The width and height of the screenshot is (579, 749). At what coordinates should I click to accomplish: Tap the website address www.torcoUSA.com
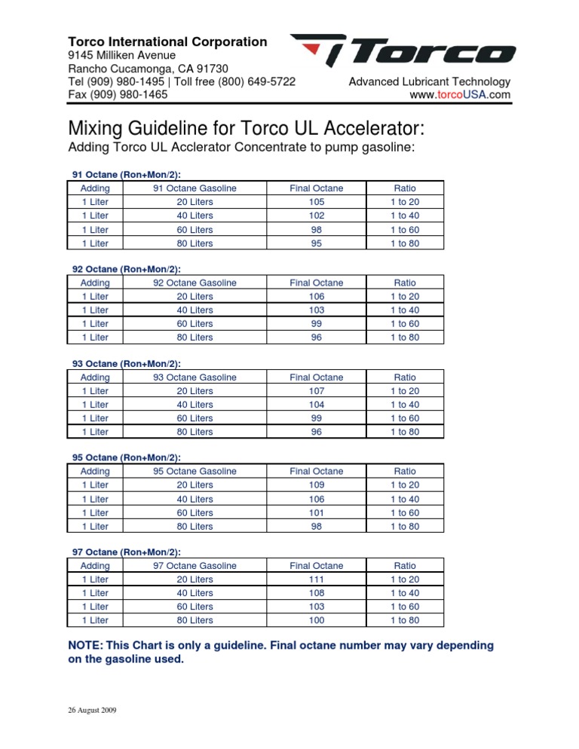click(459, 95)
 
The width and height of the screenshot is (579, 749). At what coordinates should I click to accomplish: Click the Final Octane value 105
click(316, 202)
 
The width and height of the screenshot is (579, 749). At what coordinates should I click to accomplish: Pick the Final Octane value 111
click(316, 579)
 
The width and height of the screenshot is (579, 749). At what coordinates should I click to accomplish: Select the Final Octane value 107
click(316, 391)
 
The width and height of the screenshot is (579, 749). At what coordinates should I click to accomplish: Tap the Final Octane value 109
click(316, 485)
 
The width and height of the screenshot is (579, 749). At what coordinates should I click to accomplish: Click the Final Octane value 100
click(316, 620)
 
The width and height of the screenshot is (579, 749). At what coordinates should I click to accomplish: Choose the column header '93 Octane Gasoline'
click(195, 377)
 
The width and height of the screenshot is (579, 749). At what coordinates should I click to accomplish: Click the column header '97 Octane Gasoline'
click(195, 565)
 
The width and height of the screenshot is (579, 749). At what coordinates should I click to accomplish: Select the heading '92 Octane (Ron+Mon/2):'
click(126, 269)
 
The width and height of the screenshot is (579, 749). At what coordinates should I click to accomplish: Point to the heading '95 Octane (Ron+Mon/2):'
click(126, 457)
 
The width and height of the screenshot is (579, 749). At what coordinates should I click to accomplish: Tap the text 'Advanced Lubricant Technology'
click(429, 81)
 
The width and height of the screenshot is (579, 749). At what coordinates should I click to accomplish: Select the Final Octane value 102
click(316, 216)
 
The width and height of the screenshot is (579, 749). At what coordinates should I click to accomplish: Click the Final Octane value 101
click(316, 512)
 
